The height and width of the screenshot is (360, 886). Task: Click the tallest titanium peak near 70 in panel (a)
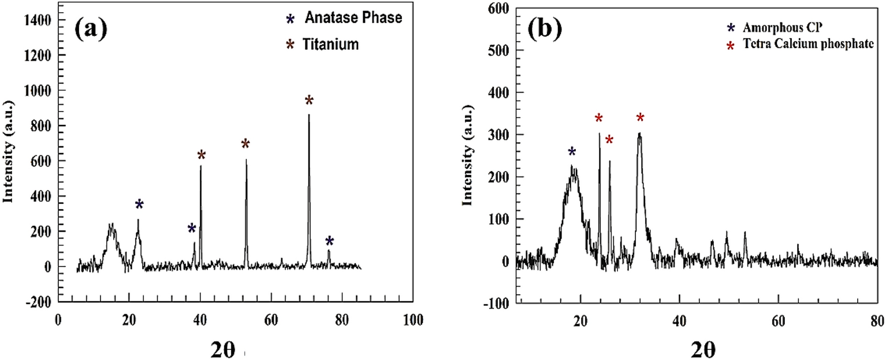[x=309, y=116]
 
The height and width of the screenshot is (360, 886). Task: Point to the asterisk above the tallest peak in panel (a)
[x=309, y=101]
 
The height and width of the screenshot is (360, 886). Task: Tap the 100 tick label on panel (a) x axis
[x=412, y=319]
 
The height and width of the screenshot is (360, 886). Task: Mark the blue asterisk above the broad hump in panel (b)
[x=572, y=152]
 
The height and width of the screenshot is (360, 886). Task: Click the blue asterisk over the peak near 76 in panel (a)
[x=329, y=241]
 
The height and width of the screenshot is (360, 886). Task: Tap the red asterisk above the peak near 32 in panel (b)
[x=640, y=118]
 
